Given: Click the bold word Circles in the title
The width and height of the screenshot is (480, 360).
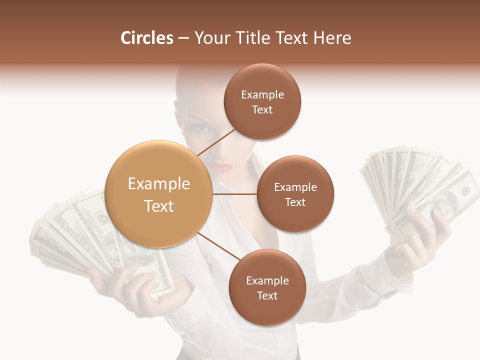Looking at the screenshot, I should (x=146, y=38).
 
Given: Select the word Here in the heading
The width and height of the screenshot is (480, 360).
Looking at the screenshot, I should (x=333, y=38).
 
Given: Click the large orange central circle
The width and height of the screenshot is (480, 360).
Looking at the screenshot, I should (x=159, y=194).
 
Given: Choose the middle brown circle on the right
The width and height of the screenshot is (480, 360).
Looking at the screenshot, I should (x=295, y=194).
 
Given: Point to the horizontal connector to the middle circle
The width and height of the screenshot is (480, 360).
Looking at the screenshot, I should (x=235, y=194).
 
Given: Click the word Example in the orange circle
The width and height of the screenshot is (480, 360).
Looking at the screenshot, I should (x=159, y=184).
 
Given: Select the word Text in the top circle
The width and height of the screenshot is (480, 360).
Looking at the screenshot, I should (x=262, y=110).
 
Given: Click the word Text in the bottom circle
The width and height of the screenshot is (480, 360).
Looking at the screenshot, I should (x=267, y=296).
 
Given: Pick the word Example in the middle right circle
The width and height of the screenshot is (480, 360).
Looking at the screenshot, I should (x=295, y=187).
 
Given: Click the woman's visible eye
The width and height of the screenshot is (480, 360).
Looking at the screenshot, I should (x=200, y=128).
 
